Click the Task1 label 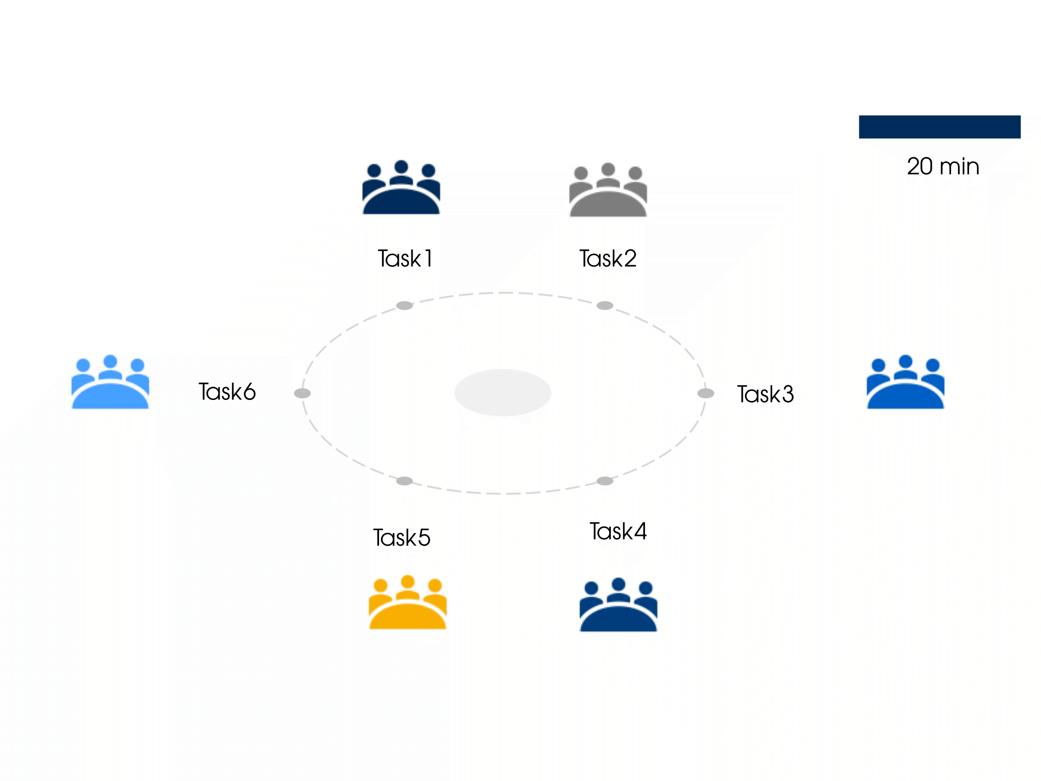point(405,258)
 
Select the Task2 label point(608,258)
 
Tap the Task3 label point(766,394)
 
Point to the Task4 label point(618,531)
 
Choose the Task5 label point(402,538)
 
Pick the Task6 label point(227,392)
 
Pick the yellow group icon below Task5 point(407,603)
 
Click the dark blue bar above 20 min point(939,127)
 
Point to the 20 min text point(943,167)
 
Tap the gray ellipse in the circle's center point(503,392)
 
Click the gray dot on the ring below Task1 point(405,305)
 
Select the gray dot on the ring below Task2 point(605,305)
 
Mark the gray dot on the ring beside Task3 point(706,393)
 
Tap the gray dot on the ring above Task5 point(405,481)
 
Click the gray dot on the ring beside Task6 point(302,393)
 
